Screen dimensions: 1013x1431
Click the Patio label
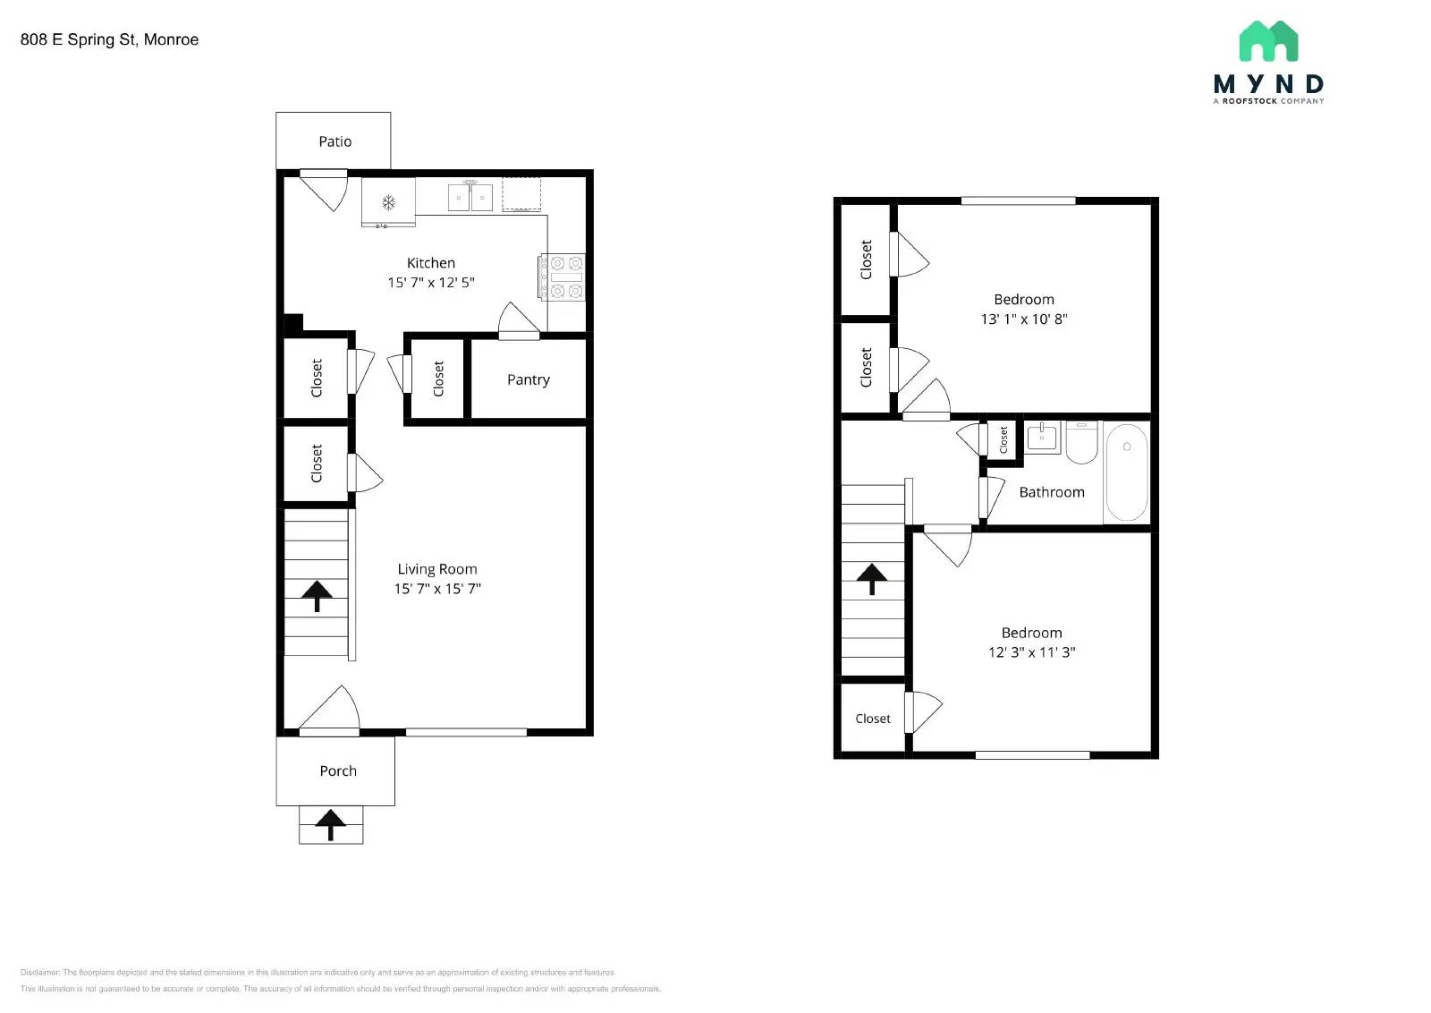point(334,141)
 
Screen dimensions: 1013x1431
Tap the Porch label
point(337,770)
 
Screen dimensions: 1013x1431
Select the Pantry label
point(528,379)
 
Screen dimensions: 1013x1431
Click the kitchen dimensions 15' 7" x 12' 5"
point(430,282)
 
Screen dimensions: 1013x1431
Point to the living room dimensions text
point(437,588)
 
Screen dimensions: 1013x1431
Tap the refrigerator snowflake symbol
point(388,202)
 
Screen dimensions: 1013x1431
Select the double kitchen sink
point(470,197)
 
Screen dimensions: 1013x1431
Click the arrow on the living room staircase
point(317,594)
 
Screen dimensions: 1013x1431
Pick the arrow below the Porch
point(330,824)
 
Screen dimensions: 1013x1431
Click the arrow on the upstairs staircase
point(872,578)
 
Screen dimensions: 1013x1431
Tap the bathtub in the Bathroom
point(1126,472)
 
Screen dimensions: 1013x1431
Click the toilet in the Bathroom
point(1081,443)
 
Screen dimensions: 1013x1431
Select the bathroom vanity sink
point(1042,438)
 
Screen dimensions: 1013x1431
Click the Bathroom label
point(1051,492)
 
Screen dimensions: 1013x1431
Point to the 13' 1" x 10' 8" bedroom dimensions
point(1023,319)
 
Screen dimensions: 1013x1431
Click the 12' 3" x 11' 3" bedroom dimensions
point(1031,652)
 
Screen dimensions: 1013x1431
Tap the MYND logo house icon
point(1268,41)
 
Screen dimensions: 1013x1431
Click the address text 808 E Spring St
point(109,39)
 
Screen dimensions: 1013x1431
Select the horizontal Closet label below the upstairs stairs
point(872,719)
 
